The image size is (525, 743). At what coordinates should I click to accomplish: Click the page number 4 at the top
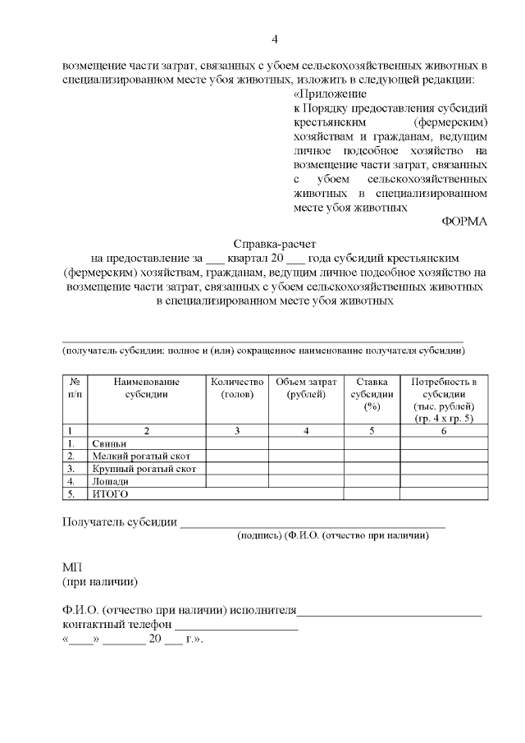click(275, 39)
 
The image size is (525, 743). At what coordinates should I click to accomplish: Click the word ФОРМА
click(463, 222)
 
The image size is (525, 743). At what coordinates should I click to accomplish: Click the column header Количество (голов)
click(237, 388)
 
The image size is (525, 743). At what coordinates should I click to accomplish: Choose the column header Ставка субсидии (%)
click(371, 394)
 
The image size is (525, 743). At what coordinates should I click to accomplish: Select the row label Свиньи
click(109, 443)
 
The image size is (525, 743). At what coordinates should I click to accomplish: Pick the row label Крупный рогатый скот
click(137, 469)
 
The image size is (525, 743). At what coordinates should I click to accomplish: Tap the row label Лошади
click(111, 481)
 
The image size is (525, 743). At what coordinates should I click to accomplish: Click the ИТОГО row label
click(111, 494)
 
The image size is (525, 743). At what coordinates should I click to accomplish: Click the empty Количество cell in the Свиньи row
click(237, 443)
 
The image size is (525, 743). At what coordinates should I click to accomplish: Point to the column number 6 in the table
click(443, 430)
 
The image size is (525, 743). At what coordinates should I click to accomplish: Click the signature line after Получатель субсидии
click(312, 523)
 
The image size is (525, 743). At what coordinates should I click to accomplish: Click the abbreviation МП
click(72, 568)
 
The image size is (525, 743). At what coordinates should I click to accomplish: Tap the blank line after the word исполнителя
click(389, 612)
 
